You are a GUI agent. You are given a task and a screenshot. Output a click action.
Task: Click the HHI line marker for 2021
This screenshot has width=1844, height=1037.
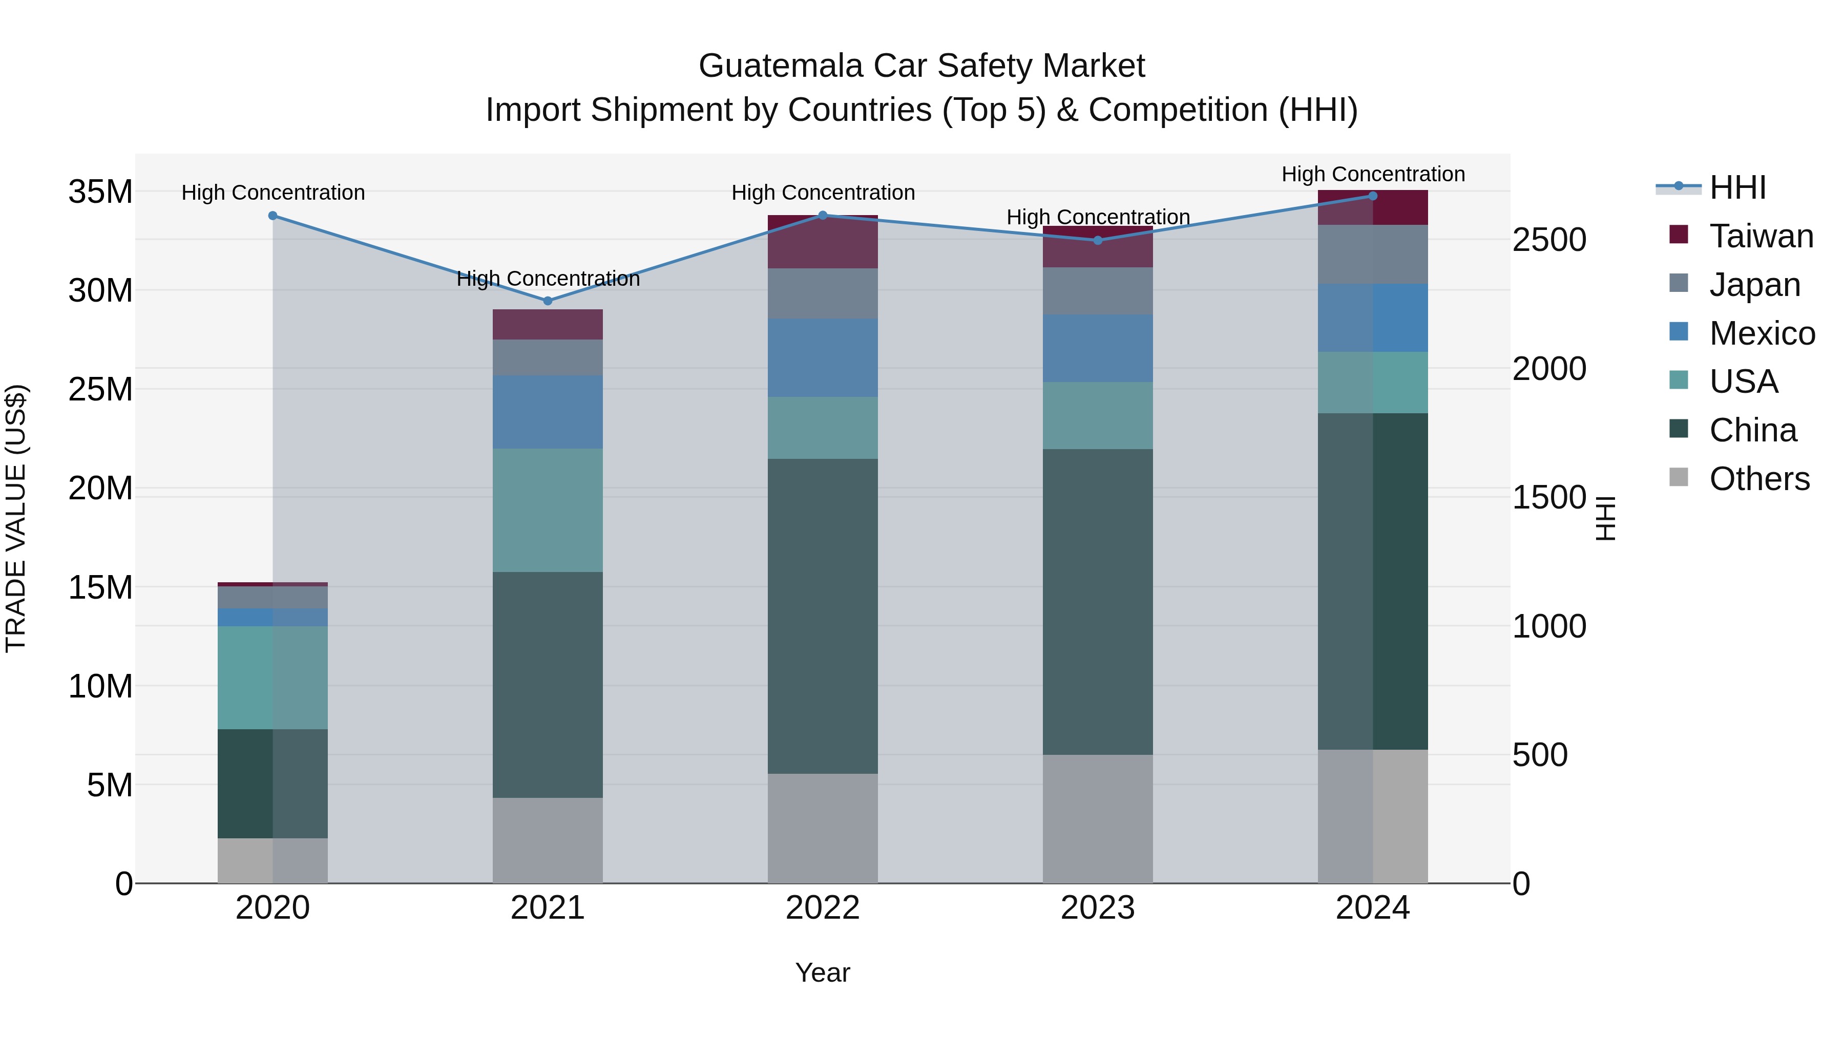(x=548, y=301)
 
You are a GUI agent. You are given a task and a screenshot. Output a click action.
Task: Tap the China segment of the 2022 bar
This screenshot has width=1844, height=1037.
(x=823, y=616)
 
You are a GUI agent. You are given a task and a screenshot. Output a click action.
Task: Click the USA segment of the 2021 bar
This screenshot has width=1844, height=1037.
(x=548, y=510)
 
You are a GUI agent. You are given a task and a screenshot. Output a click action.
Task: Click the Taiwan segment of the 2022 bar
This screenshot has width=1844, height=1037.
(x=823, y=242)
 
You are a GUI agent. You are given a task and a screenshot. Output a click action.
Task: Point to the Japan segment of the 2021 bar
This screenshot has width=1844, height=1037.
(x=548, y=357)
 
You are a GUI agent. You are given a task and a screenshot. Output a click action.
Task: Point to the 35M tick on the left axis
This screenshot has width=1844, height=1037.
(x=100, y=192)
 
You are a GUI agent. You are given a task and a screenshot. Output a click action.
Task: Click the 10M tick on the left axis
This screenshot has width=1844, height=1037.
(x=100, y=686)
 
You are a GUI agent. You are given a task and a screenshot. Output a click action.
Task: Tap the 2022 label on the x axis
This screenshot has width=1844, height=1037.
(x=823, y=908)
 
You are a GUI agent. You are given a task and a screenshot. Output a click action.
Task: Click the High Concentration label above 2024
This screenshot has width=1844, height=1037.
(x=1372, y=174)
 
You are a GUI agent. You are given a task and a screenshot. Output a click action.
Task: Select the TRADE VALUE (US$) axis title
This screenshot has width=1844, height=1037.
(x=16, y=518)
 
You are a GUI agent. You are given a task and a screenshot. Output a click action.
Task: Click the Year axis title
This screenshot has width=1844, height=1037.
(x=823, y=972)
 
